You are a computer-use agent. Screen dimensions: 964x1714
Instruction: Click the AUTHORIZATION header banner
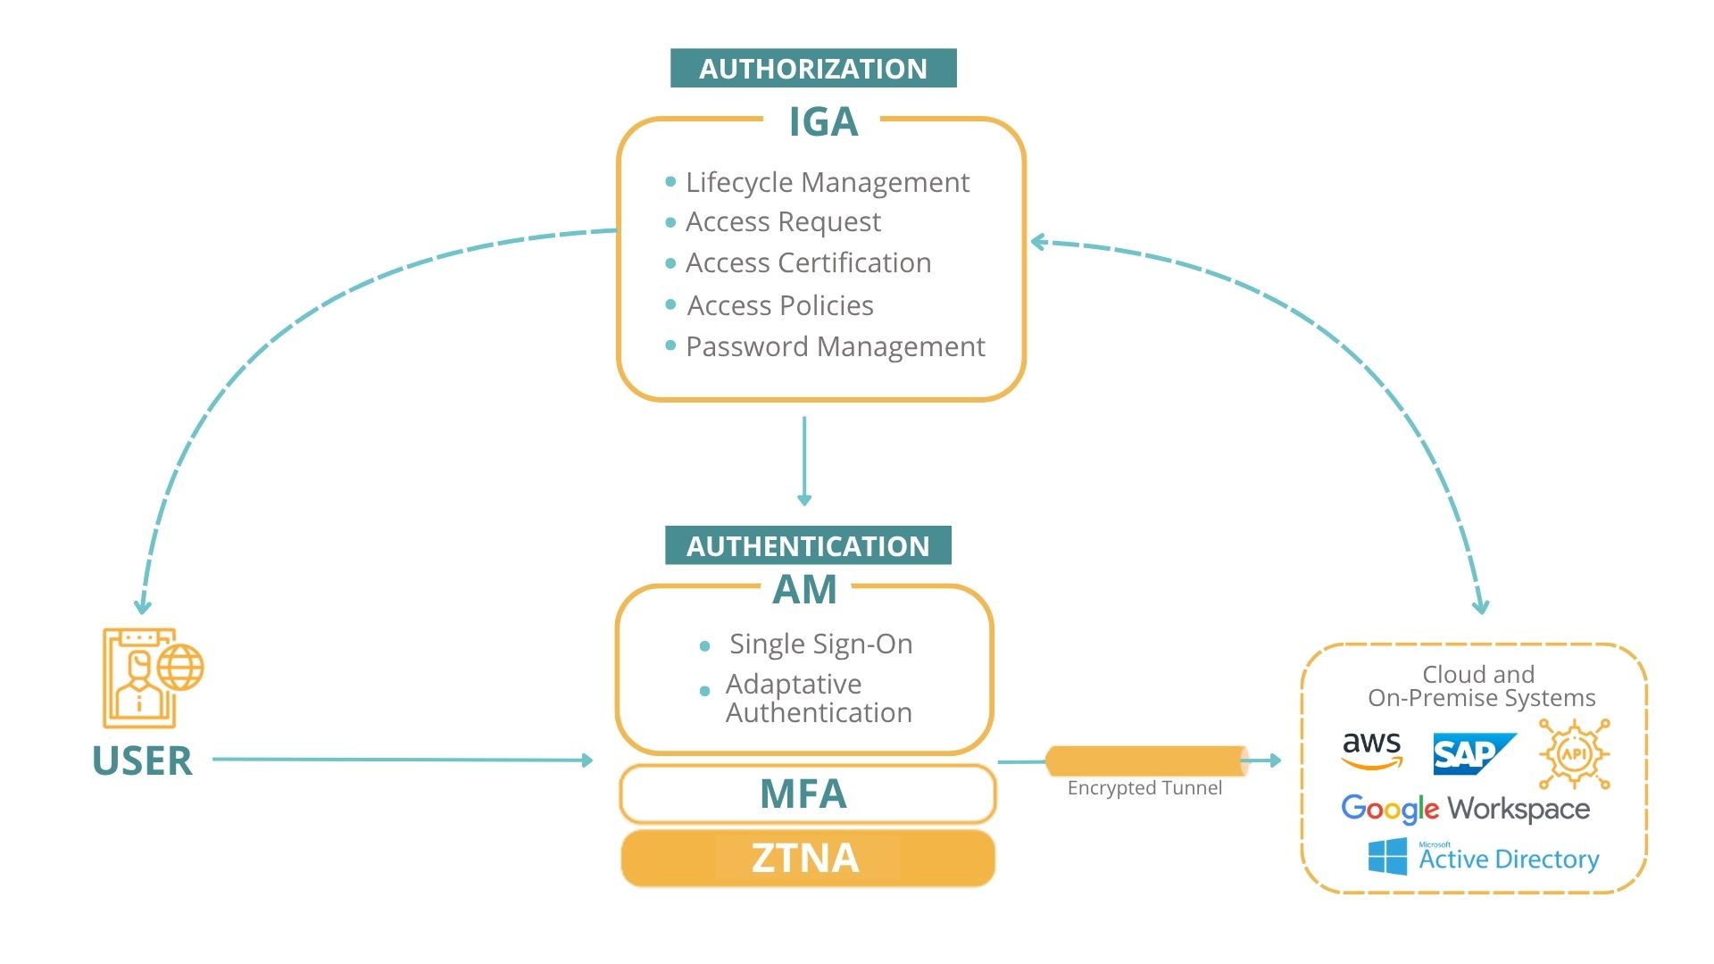pyautogui.click(x=812, y=69)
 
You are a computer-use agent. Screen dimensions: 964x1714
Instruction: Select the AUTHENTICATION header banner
pyautogui.click(x=808, y=545)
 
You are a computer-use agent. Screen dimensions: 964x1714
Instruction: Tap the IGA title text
pyautogui.click(x=822, y=122)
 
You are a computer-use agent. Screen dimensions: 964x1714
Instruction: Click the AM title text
pyautogui.click(x=804, y=590)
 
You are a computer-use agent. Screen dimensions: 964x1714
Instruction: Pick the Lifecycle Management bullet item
pyautogui.click(x=827, y=182)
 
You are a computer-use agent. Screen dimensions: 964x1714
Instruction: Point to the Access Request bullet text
pyautogui.click(x=783, y=221)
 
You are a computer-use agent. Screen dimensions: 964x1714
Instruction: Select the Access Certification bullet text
pyautogui.click(x=808, y=263)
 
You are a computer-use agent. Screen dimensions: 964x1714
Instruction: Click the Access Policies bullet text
pyautogui.click(x=780, y=305)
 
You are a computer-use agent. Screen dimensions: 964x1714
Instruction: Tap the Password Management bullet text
pyautogui.click(x=835, y=346)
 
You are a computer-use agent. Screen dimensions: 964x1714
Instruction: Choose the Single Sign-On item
pyautogui.click(x=820, y=644)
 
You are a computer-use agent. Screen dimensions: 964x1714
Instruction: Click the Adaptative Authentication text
pyautogui.click(x=819, y=698)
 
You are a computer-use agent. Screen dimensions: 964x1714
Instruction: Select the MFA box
pyautogui.click(x=807, y=794)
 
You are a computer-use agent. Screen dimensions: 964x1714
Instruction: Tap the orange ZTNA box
pyautogui.click(x=807, y=858)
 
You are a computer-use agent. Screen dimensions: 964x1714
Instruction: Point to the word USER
pyautogui.click(x=142, y=760)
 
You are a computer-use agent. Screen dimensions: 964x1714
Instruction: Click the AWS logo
pyautogui.click(x=1372, y=750)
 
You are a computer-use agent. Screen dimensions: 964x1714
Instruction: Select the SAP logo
pyautogui.click(x=1473, y=754)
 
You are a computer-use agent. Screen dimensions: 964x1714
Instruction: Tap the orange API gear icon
pyautogui.click(x=1574, y=754)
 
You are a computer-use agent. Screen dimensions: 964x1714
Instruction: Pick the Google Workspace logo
pyautogui.click(x=1465, y=809)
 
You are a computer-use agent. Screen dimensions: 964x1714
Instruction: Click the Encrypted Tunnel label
pyautogui.click(x=1144, y=788)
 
